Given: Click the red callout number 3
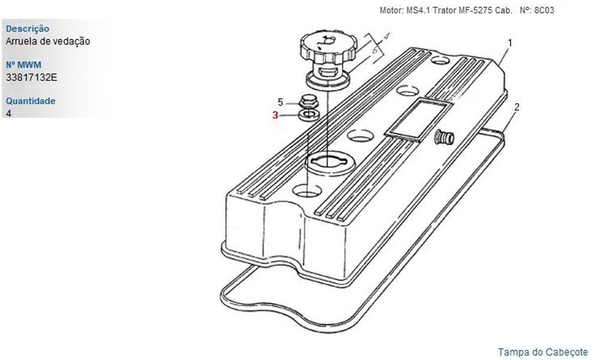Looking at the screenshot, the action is click(275, 115).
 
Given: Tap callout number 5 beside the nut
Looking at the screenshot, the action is click(280, 102).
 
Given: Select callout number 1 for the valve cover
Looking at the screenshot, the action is click(509, 43).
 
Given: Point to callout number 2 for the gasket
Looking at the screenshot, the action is click(517, 107).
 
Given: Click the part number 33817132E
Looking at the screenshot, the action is click(31, 77).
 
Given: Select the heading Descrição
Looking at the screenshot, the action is click(28, 29).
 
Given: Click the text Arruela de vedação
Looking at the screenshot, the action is click(48, 41).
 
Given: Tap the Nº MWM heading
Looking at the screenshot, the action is click(23, 65).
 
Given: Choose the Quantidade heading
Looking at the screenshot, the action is click(31, 101).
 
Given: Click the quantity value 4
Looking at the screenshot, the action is click(8, 113).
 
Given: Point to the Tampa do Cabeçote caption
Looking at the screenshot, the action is click(542, 352).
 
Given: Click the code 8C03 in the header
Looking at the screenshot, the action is click(544, 10).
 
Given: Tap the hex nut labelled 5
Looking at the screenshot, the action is click(307, 102).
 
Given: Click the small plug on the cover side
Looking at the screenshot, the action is click(444, 137).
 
